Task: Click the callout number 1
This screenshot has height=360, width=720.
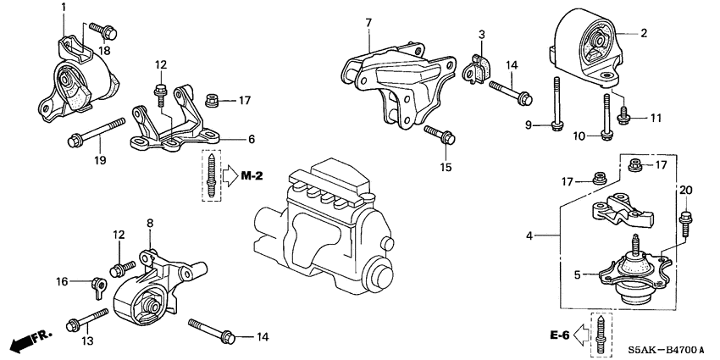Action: coord(64,8)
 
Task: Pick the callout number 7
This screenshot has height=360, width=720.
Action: coord(368,20)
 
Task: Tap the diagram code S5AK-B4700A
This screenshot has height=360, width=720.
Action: coord(667,348)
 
